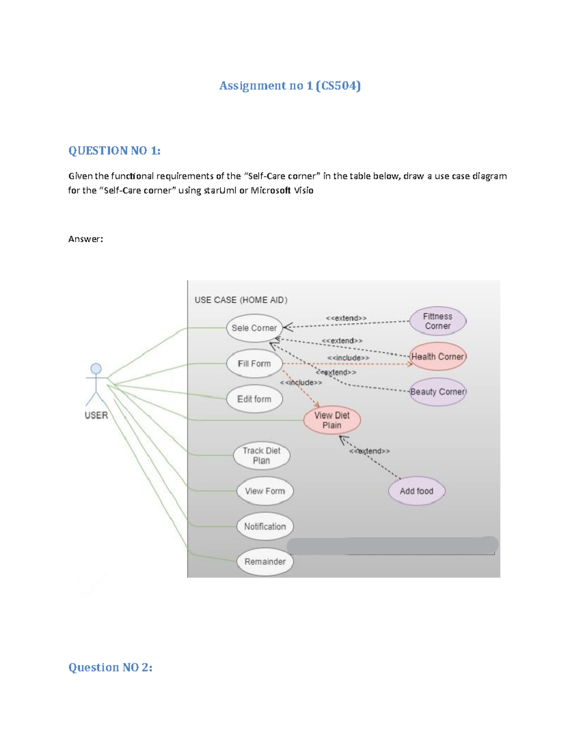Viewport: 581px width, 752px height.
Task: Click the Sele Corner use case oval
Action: tap(254, 328)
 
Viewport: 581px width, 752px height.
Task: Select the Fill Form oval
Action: tap(254, 364)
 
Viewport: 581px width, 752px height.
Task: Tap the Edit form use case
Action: tap(254, 399)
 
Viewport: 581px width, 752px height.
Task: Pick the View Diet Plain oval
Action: tap(332, 420)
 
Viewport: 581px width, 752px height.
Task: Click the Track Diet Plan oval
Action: tap(261, 456)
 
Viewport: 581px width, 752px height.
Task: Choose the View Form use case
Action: tap(265, 491)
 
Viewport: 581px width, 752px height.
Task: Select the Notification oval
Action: tap(265, 526)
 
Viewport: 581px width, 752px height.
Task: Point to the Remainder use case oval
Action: tap(265, 562)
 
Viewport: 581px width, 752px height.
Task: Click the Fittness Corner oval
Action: tap(438, 321)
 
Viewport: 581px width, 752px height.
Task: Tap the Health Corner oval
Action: tap(438, 357)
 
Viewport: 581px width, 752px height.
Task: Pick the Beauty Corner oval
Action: tap(438, 392)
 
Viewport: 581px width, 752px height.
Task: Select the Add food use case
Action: tap(416, 491)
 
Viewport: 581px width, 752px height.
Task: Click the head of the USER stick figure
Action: tap(96, 368)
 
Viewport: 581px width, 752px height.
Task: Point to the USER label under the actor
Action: tap(96, 415)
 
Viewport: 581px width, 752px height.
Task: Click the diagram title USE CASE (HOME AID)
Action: tap(241, 300)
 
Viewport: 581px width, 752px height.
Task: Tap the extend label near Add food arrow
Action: tap(370, 451)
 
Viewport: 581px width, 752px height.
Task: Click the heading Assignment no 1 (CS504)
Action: tap(290, 86)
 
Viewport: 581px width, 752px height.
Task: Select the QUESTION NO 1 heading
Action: tap(114, 151)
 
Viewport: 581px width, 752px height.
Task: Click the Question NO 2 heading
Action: tap(110, 667)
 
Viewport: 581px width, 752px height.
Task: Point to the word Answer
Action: tap(86, 239)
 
